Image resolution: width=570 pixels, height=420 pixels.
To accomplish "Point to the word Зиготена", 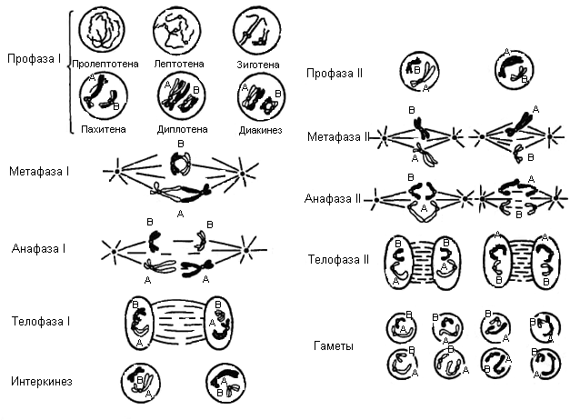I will point(258,64).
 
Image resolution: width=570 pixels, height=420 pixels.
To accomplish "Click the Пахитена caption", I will point(102,129).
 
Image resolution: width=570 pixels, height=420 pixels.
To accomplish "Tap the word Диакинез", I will point(259,129).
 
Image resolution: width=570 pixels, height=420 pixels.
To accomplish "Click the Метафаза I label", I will point(40,171).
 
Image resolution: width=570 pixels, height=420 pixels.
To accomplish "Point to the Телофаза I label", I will point(42,321).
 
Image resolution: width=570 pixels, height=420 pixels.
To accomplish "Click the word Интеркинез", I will point(43,379).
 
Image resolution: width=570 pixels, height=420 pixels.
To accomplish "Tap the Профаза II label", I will point(335,73).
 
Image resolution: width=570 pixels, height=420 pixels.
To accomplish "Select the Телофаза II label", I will point(338,259).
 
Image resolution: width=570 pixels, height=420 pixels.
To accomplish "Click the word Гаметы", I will point(334,346).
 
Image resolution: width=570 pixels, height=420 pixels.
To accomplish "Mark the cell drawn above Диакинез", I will point(260,97).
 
